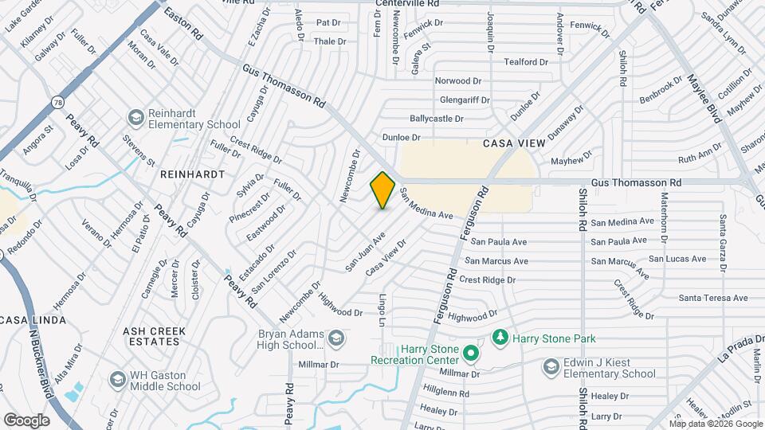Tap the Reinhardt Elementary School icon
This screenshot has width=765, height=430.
(x=135, y=119)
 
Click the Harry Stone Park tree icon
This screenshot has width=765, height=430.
(x=500, y=338)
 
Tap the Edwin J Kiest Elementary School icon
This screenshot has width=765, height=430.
(x=551, y=366)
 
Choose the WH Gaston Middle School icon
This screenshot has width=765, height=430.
(x=117, y=379)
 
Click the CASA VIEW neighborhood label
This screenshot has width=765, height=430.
(x=514, y=143)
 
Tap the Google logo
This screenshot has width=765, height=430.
(x=26, y=420)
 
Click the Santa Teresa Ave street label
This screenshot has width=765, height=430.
(x=713, y=298)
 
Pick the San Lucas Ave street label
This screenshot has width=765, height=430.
(x=677, y=259)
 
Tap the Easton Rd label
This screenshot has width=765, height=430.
(x=183, y=24)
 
